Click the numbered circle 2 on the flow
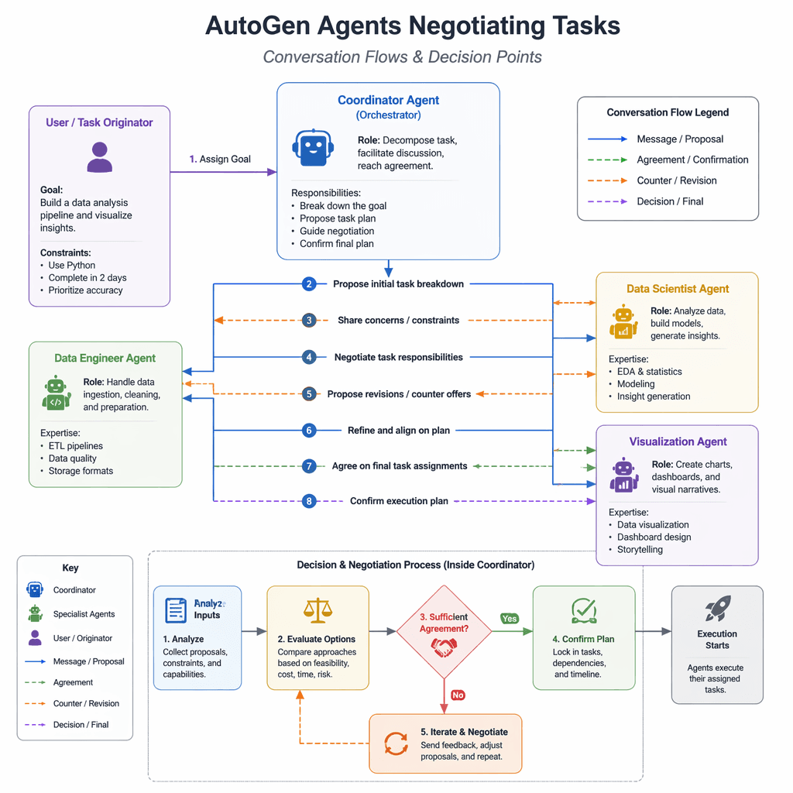pyautogui.click(x=309, y=284)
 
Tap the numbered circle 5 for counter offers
pyautogui.click(x=309, y=394)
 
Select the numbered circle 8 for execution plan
pyautogui.click(x=309, y=501)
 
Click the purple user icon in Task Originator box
pyautogui.click(x=99, y=157)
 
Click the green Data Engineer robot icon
pyautogui.click(x=56, y=393)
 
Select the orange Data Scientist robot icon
pyautogui.click(x=623, y=322)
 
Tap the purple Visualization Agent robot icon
pyautogui.click(x=623, y=475)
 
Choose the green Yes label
pyautogui.click(x=510, y=619)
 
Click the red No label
pyautogui.click(x=458, y=695)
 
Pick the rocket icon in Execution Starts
pyautogui.click(x=717, y=609)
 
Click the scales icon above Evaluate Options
pyautogui.click(x=316, y=610)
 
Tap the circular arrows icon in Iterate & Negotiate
pyautogui.click(x=396, y=744)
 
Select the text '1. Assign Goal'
pyautogui.click(x=220, y=159)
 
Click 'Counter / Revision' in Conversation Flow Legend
pyautogui.click(x=676, y=180)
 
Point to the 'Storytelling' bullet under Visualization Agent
pyautogui.click(x=640, y=550)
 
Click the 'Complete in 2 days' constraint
pyautogui.click(x=87, y=278)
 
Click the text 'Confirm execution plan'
pyautogui.click(x=399, y=501)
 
